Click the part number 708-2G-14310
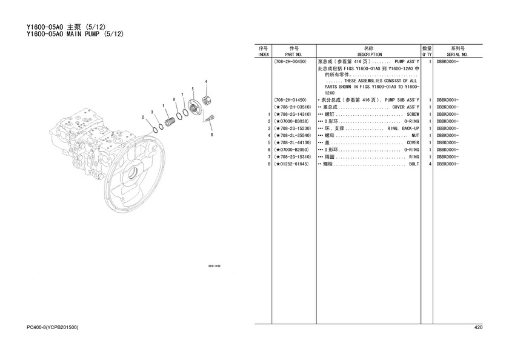tap(294, 115)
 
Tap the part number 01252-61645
tap(293, 164)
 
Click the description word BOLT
tap(414, 164)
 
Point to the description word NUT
tap(415, 136)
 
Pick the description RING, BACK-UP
tap(403, 128)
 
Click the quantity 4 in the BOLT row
tap(430, 164)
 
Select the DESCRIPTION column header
tap(370, 55)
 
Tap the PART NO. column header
tap(293, 55)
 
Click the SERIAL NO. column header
tap(457, 55)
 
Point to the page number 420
tap(478, 327)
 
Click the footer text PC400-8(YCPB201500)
tap(52, 327)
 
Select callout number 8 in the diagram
tap(212, 135)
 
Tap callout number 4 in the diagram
tap(206, 82)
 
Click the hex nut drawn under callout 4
tap(206, 101)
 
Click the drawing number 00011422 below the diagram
tap(215, 266)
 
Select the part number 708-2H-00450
tap(290, 61)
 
